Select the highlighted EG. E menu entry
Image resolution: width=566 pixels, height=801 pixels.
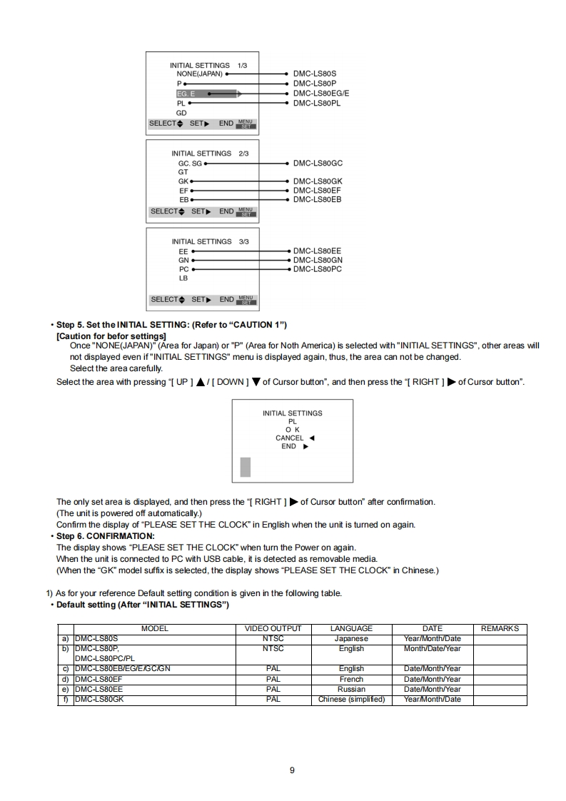click(185, 94)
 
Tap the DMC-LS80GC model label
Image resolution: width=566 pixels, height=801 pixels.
click(318, 163)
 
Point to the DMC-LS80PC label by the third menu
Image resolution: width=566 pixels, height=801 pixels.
click(318, 269)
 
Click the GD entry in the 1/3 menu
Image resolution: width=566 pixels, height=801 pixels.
click(181, 113)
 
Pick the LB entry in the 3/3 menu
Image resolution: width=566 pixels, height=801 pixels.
click(184, 278)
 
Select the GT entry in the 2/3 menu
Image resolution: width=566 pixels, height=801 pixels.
click(183, 172)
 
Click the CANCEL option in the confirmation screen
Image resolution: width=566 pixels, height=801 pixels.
click(290, 438)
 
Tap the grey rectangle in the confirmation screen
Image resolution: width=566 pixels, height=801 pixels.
click(246, 467)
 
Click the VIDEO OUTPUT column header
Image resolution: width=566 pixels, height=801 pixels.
click(273, 629)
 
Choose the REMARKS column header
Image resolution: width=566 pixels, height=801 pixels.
click(500, 629)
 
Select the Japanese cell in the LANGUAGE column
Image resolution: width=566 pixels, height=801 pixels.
click(351, 639)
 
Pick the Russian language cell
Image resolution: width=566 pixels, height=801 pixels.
click(351, 690)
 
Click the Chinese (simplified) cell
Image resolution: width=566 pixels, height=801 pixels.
click(351, 700)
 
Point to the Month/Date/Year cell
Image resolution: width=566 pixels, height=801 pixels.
click(432, 649)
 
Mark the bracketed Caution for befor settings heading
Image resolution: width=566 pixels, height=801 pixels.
click(111, 336)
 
